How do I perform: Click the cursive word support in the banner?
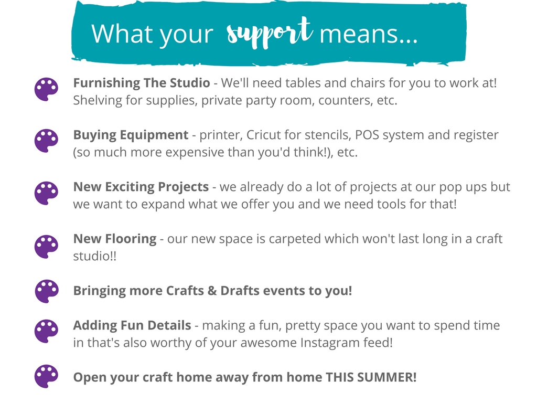[270, 33]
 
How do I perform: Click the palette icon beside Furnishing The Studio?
[46, 89]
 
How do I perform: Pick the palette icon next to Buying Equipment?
[46, 141]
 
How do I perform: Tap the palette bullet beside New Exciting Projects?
[46, 193]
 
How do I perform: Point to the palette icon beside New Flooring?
[46, 247]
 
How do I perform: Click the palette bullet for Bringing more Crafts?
[47, 291]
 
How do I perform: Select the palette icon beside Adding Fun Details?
[46, 331]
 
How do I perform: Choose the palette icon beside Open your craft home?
[46, 376]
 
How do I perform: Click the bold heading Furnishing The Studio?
[142, 83]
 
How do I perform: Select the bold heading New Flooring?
[115, 239]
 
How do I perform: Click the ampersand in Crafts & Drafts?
[212, 291]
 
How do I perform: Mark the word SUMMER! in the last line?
[386, 377]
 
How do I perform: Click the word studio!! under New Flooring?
[95, 256]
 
